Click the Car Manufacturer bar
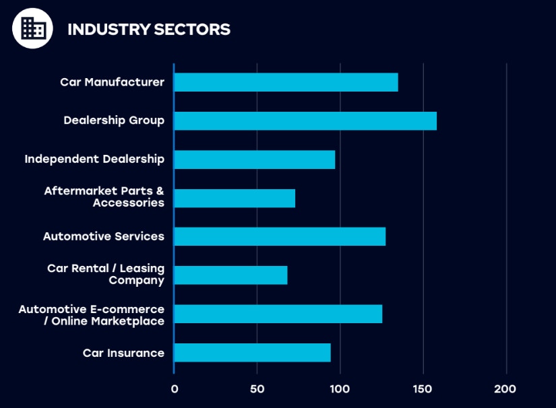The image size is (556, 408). [x=286, y=82]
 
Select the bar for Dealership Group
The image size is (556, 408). [x=305, y=121]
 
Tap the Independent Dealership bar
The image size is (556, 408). [x=254, y=160]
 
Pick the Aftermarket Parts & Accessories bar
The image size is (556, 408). [x=235, y=198]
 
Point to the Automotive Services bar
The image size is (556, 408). [x=280, y=236]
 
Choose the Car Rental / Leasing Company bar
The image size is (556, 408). [x=230, y=275]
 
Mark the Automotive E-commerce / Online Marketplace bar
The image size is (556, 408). [x=278, y=314]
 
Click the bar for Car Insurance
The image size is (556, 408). [x=252, y=353]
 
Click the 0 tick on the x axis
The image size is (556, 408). [x=175, y=389]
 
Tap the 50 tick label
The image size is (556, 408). [x=257, y=389]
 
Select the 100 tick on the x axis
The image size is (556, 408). [x=340, y=389]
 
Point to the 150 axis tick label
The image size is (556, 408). [x=423, y=389]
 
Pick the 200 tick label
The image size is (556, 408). [x=505, y=389]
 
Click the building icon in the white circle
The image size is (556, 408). [x=32, y=28]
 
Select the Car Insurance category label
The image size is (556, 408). [x=123, y=353]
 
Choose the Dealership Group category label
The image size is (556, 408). [x=114, y=121]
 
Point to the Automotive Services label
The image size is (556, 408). [x=104, y=236]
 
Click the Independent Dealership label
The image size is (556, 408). [x=94, y=160]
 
